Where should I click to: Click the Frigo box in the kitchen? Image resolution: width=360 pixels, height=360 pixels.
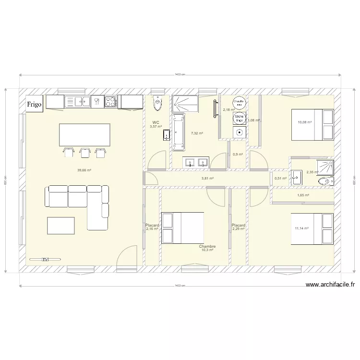coord(35,104)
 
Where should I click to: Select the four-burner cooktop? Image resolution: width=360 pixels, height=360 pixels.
coord(111,101)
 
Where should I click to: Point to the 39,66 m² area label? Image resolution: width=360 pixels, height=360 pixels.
coord(84,170)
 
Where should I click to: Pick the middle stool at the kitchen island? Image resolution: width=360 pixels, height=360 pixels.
coord(85,152)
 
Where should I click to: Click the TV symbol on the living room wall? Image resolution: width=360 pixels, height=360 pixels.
coord(45,260)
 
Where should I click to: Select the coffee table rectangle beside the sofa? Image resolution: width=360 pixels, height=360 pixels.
coord(60,226)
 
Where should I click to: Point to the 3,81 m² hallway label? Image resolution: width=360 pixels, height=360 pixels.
coord(207,179)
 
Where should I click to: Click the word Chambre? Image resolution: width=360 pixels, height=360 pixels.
coord(208,246)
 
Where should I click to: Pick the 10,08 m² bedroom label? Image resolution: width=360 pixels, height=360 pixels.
coord(305,122)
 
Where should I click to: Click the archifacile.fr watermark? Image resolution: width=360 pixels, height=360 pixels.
coord(330,285)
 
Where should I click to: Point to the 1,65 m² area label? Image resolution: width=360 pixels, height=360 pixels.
coord(303,195)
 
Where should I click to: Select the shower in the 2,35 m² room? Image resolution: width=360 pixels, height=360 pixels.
coord(328,166)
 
